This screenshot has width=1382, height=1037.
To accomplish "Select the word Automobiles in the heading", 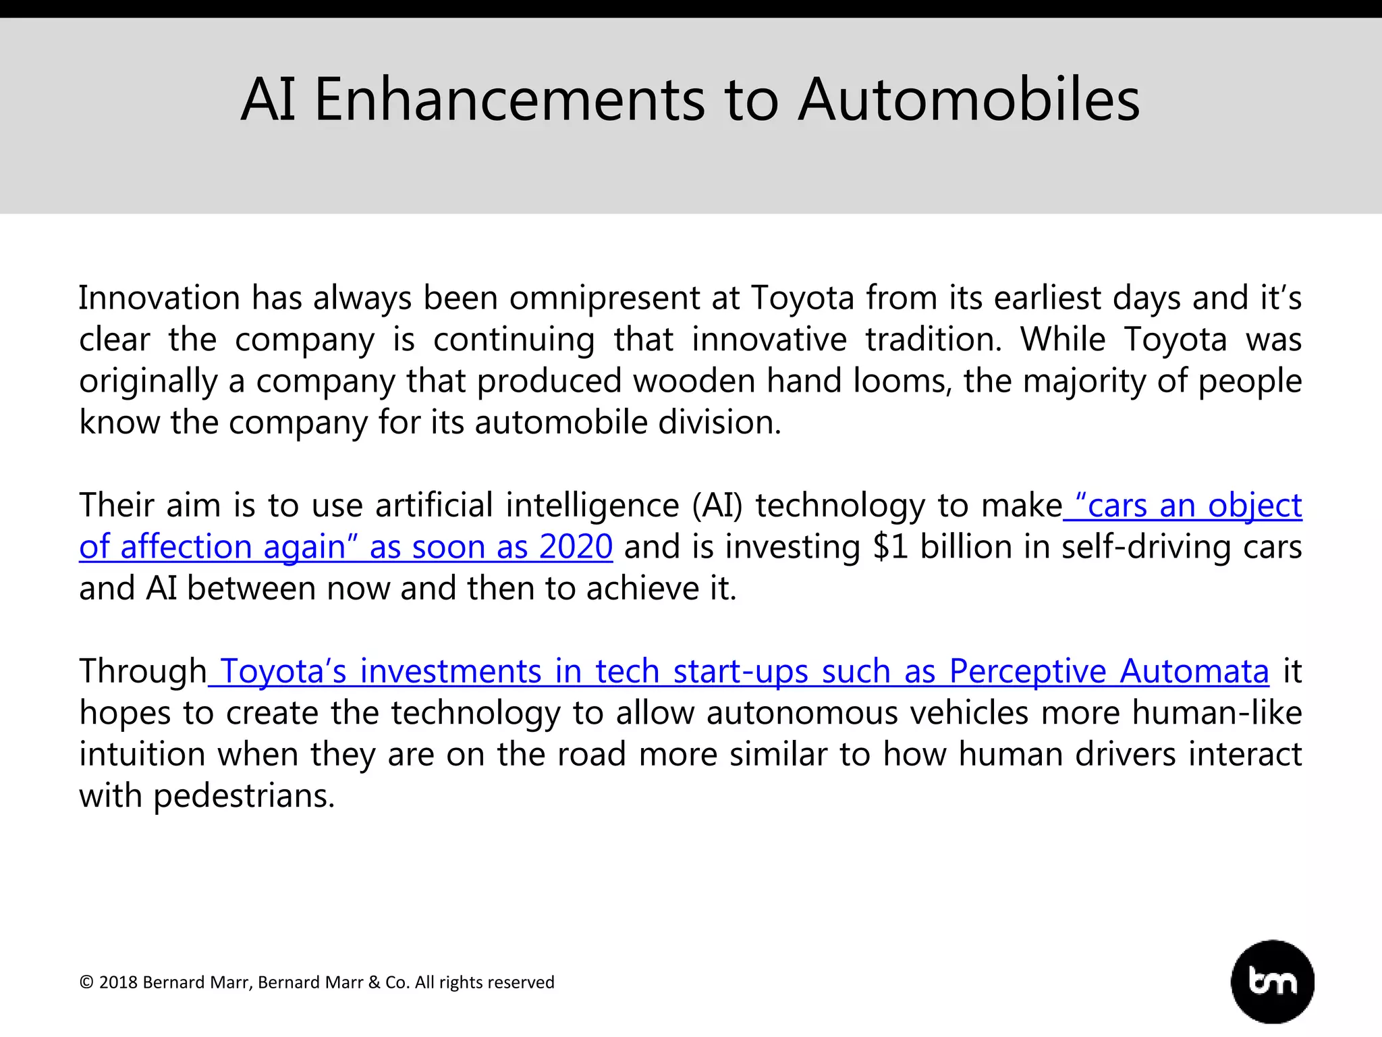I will point(969,100).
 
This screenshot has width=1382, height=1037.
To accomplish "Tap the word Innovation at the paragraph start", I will point(159,298).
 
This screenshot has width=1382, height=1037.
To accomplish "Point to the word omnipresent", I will point(605,299).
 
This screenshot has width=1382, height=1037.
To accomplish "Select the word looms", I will point(902,381).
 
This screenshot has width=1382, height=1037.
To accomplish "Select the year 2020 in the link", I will point(576,547).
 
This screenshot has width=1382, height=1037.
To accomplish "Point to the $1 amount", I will point(890,547).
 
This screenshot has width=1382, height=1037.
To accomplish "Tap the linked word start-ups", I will point(740,672).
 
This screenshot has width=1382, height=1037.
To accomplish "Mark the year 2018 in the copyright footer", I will point(117,982).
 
